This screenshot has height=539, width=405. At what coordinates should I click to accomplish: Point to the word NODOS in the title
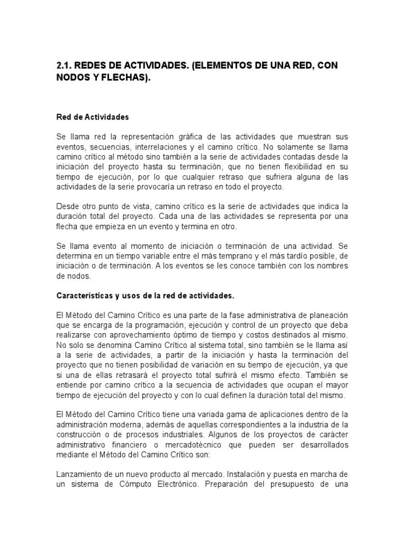coord(74,78)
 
